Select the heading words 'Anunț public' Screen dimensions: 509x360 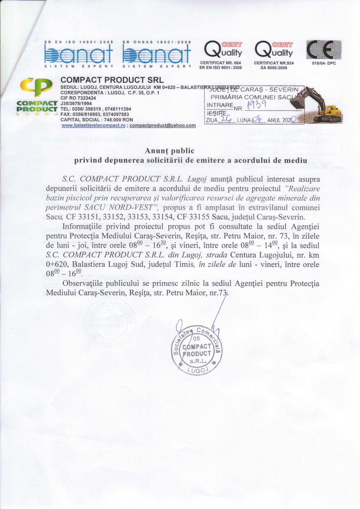(x=170, y=151)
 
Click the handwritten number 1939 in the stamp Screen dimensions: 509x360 (x=257, y=105)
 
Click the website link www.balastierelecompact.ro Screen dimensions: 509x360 (x=93, y=125)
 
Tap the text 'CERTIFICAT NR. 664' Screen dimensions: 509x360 (x=221, y=63)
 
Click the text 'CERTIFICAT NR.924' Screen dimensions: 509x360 (x=274, y=63)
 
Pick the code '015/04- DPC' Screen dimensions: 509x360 (x=324, y=63)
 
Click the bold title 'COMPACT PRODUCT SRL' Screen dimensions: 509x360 (x=112, y=80)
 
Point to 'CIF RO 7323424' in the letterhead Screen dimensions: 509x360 (x=78, y=98)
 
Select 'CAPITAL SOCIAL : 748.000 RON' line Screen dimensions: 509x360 (x=97, y=120)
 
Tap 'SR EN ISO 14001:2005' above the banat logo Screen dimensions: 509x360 (x=79, y=42)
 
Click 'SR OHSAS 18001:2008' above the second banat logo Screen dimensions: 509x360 (x=157, y=42)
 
